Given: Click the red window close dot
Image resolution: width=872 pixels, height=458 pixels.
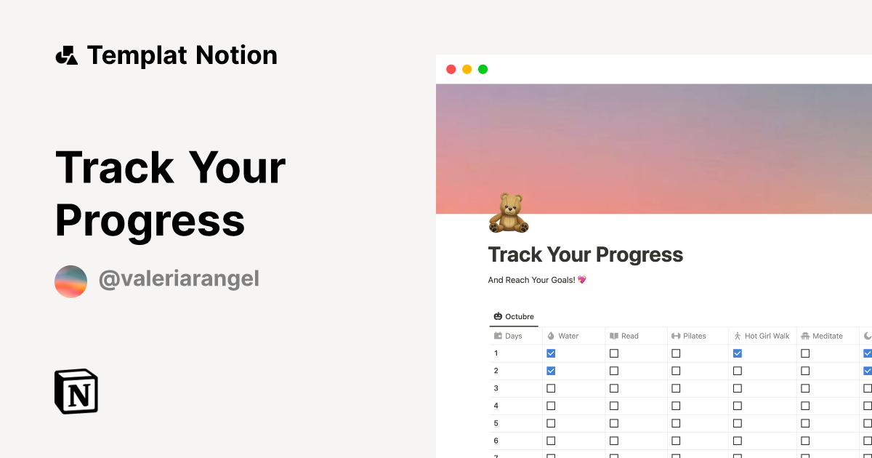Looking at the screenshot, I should coord(451,69).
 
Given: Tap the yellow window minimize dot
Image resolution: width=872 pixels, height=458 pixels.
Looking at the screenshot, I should coord(467,69).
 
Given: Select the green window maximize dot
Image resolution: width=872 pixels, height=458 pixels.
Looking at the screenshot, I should coord(483,69).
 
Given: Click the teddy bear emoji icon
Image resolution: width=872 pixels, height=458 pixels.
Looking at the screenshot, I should coord(508,213).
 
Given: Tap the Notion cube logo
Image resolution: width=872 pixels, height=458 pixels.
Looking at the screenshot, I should coord(76,391).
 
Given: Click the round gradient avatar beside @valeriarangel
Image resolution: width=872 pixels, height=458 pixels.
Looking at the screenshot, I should coord(70,281).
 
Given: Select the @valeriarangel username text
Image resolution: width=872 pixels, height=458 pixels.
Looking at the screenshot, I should coord(179,279).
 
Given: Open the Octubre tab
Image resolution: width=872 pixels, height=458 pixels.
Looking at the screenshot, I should coord(514,316).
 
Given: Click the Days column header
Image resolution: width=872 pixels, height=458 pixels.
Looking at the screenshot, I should coord(513,336).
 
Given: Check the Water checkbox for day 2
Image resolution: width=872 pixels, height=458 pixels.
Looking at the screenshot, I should coord(551,371).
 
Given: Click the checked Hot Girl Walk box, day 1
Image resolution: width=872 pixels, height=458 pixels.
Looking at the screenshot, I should coord(738,353).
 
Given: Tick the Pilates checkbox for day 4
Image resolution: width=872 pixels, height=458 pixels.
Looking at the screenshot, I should coord(676,406).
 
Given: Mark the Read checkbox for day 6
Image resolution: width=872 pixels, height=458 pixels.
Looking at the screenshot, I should coord(614,441).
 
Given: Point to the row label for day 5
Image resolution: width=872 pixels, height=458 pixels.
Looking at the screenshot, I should coord(496,423).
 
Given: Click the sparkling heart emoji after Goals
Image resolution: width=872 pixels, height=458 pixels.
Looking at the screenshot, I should coord(582,280).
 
